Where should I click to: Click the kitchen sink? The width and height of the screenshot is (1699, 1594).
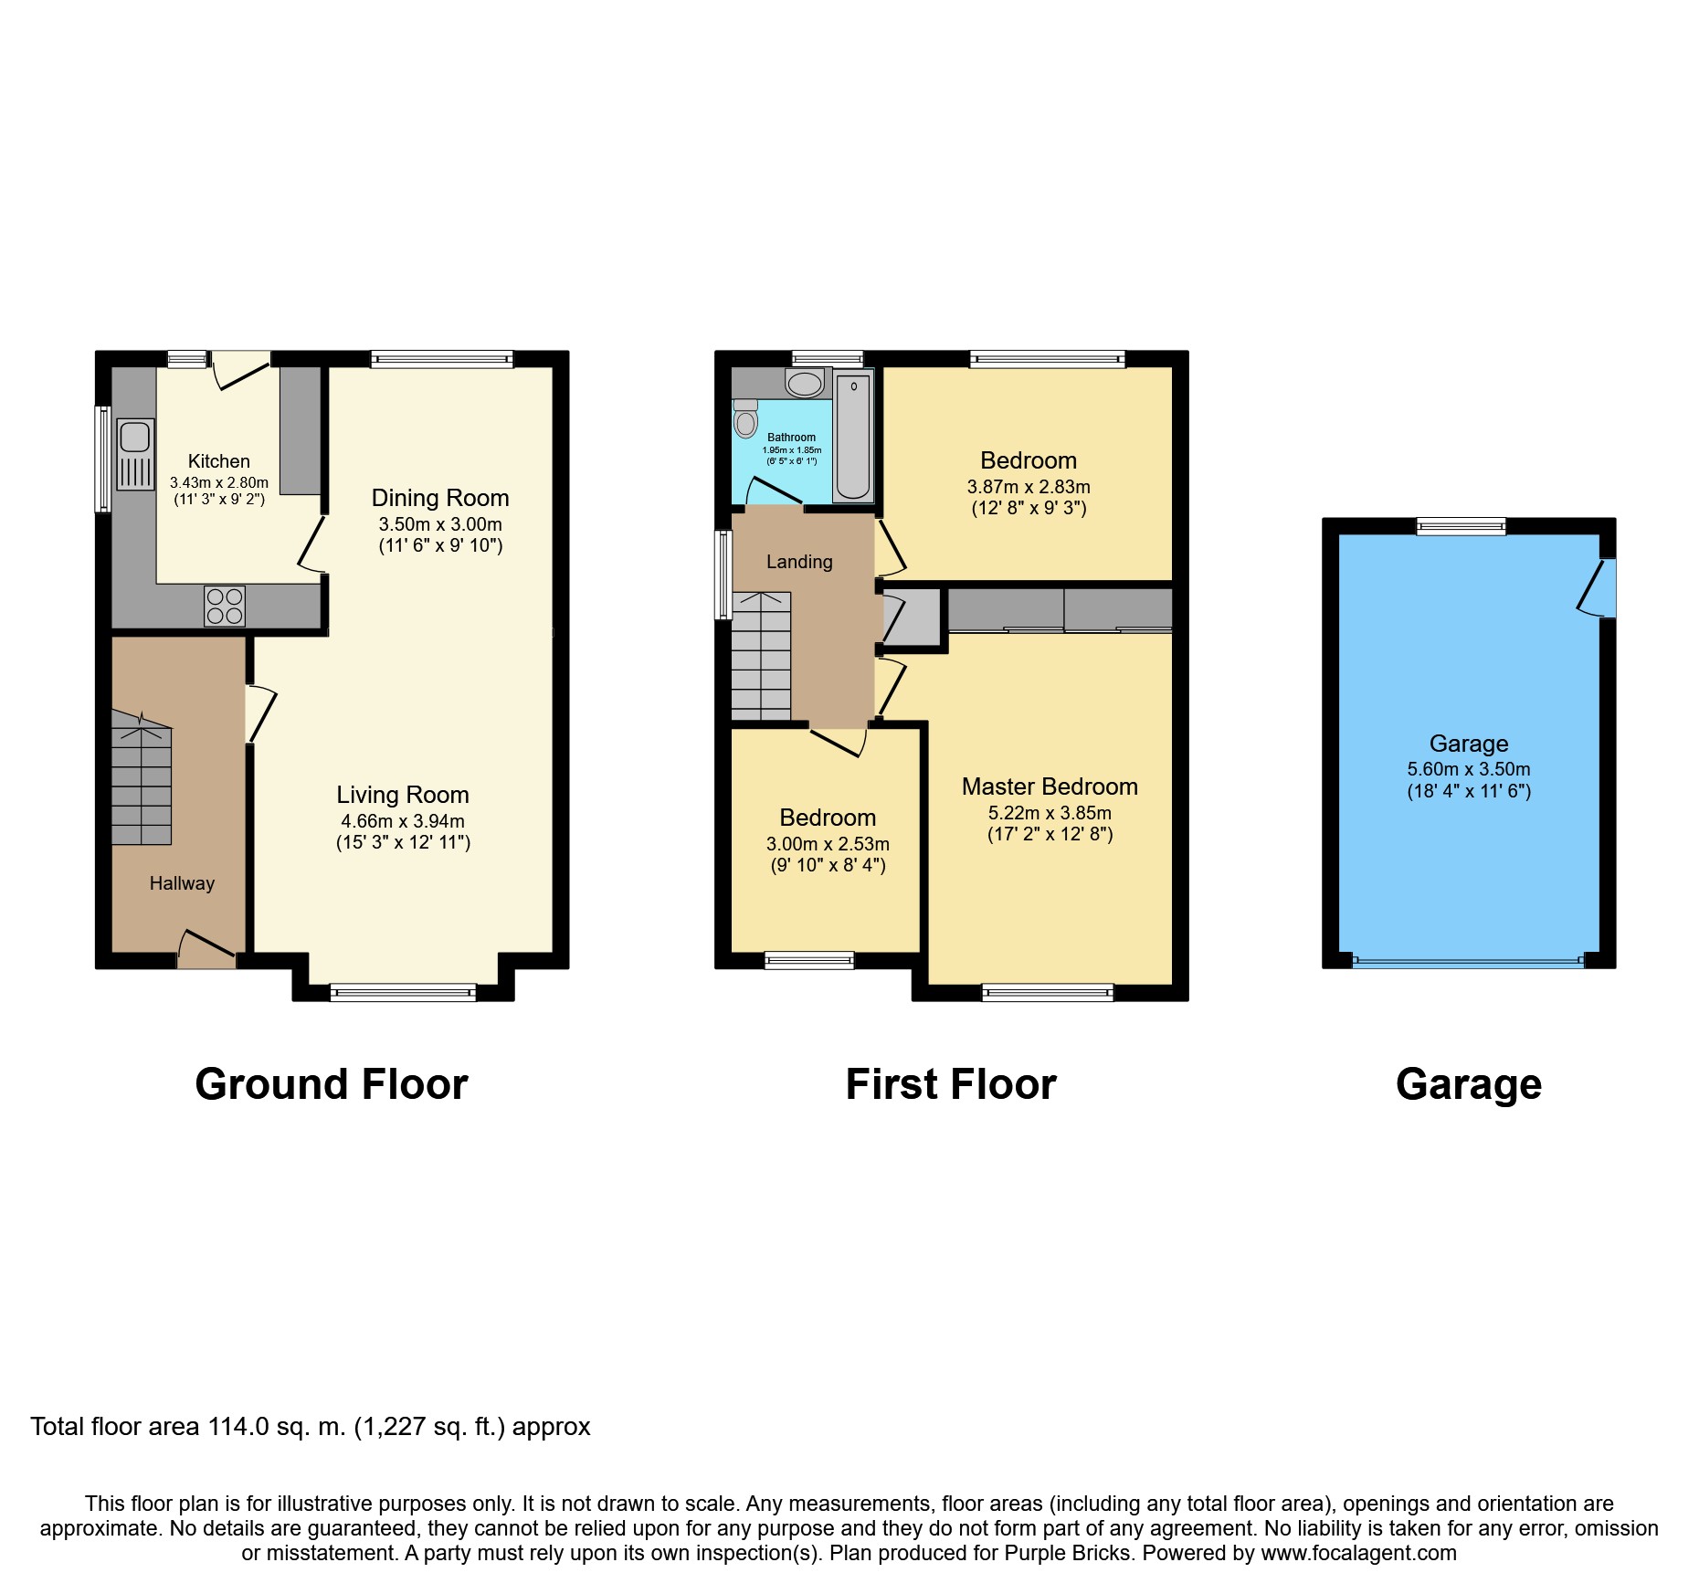point(135,454)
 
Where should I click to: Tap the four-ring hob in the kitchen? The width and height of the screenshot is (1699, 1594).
point(225,607)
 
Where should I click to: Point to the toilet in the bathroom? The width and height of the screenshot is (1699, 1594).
point(745,418)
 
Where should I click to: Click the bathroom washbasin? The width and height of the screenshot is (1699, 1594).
point(804,383)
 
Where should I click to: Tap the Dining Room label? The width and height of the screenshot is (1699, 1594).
point(440,498)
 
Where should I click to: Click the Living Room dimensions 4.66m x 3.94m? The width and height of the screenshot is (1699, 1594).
point(403,821)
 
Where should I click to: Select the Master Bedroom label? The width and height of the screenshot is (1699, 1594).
point(1050,786)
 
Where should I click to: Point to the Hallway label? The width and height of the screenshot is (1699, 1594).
point(182,883)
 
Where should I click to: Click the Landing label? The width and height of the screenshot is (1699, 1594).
point(799,562)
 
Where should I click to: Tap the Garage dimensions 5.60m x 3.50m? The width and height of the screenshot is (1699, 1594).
point(1469,769)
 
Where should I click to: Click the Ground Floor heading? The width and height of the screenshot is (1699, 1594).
point(332,1084)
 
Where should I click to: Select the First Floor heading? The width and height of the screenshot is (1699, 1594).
point(951,1084)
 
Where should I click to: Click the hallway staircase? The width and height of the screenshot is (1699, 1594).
point(142,777)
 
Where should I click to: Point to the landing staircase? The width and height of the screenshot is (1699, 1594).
point(761,656)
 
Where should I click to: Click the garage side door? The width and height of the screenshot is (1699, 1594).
point(1599,587)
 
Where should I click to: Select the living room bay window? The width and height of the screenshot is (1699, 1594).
point(403,992)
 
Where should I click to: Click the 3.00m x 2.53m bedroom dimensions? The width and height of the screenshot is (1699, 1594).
point(828,844)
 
